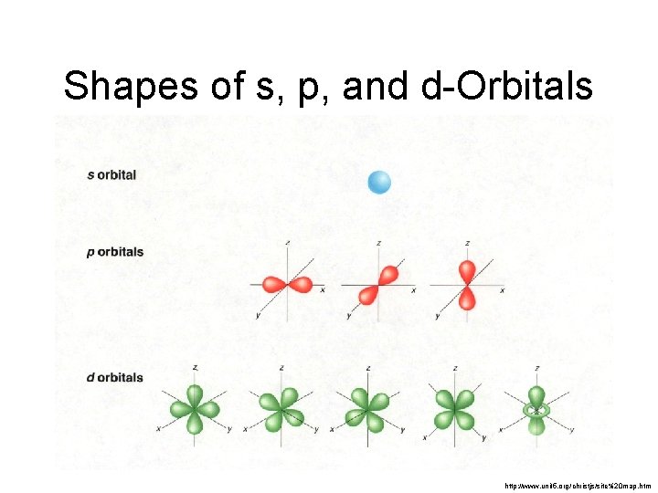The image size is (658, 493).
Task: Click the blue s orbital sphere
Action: (378, 183)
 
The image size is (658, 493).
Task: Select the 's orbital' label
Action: (111, 174)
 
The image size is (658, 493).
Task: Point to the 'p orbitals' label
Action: (115, 251)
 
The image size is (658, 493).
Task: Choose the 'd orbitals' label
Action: (115, 377)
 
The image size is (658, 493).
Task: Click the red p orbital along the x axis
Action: (288, 284)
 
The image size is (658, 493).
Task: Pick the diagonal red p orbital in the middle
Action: (379, 284)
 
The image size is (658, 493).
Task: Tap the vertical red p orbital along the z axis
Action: (467, 284)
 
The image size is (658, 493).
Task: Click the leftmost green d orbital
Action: (195, 408)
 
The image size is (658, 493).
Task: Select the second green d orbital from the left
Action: (281, 408)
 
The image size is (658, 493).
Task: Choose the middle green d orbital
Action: (366, 408)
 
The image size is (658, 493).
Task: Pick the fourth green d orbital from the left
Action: (453, 408)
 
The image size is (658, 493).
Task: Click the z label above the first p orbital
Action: (289, 243)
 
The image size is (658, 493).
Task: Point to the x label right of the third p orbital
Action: (502, 289)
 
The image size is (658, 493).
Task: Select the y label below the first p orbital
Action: (258, 316)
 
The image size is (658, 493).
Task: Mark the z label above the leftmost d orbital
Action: (195, 367)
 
